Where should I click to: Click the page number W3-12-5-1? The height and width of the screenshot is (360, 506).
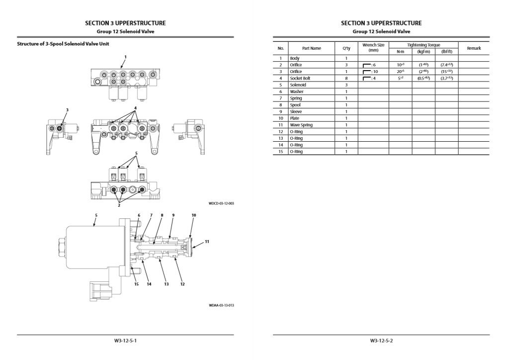tap(125, 341)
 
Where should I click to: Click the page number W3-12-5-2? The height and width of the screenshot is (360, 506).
tap(381, 341)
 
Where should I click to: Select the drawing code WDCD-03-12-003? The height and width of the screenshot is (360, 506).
tap(221, 203)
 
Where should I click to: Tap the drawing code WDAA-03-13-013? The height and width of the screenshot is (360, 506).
tap(221, 305)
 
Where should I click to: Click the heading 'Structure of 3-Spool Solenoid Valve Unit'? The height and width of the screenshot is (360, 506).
tap(63, 44)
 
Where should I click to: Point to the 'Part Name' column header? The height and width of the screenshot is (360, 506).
tap(312, 48)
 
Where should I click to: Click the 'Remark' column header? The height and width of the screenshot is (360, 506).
tap(473, 48)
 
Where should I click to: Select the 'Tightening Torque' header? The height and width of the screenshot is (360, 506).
tap(423, 45)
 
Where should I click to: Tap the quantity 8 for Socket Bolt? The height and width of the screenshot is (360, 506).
tap(346, 79)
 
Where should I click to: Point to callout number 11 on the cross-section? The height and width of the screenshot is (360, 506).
tap(207, 241)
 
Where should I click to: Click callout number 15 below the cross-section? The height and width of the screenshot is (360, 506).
tap(136, 284)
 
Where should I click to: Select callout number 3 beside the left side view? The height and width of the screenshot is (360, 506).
tap(68, 110)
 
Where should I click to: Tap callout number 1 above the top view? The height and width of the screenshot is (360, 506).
tap(125, 57)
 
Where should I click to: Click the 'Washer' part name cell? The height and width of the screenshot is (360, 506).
tap(297, 91)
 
